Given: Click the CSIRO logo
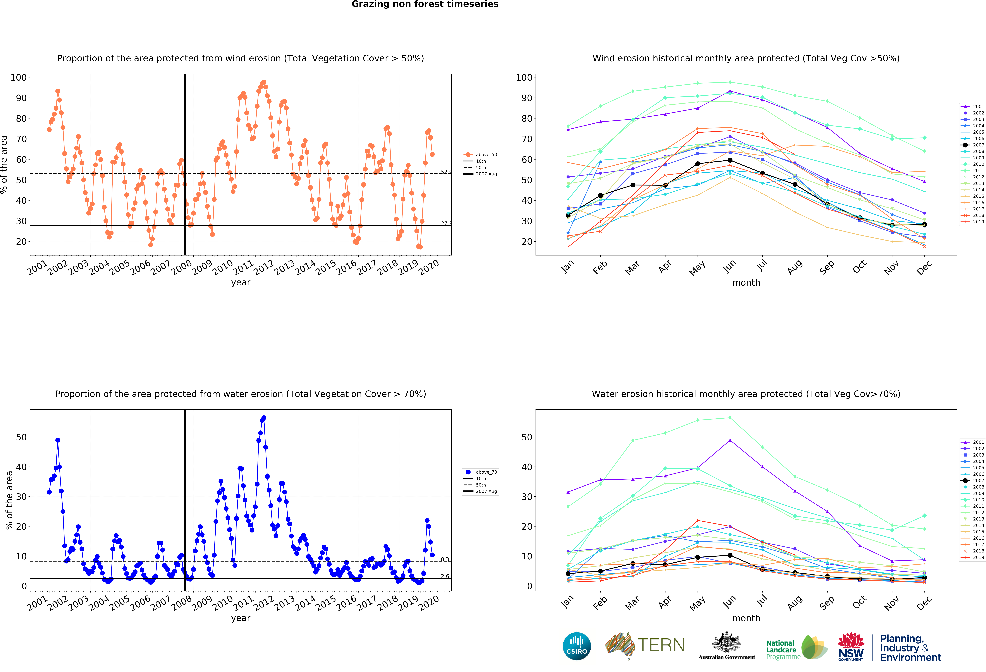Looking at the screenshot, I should point(577,646).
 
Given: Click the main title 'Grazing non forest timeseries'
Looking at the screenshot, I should point(425,4).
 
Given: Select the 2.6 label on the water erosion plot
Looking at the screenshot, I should point(445,576).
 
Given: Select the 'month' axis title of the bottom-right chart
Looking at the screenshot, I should point(746,618).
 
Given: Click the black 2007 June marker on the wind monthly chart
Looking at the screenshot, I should point(730,160).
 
